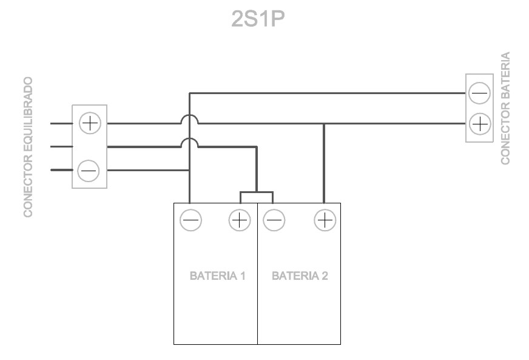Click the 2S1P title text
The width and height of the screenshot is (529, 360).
pos(258,20)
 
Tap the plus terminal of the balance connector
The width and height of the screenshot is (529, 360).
pos(90,123)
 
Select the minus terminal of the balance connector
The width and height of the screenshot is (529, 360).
pos(89,171)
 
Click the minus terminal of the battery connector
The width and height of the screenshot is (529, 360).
pos(479,93)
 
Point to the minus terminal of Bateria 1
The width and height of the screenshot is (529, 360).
pos(190,220)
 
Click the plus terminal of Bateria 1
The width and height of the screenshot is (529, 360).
pos(240,220)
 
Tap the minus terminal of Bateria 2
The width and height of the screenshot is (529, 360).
pos(275,220)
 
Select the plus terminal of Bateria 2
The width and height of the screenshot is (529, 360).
pos(325,220)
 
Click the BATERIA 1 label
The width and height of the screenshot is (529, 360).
pos(217,276)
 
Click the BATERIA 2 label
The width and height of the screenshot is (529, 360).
pos(300,276)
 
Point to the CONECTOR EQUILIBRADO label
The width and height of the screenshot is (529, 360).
pos(27,146)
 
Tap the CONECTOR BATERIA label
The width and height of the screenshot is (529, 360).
pos(505,108)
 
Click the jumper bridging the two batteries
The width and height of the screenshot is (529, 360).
pos(257,194)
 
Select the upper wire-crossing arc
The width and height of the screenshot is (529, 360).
pos(190,119)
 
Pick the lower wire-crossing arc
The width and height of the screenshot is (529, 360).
pos(190,142)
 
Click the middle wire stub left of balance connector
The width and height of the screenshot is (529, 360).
pos(61,146)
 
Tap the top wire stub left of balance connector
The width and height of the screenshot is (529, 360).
pos(61,123)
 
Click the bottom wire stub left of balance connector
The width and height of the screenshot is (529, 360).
pos(61,171)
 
